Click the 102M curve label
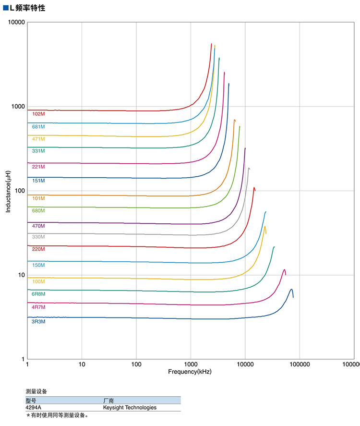(38, 114)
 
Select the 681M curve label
(38, 127)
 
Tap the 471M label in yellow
(38, 139)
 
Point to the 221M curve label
(38, 167)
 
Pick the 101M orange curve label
(38, 198)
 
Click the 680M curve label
(38, 210)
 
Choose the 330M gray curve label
(38, 237)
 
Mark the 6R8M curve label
(38, 293)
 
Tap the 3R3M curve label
(38, 321)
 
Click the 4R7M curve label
(38, 306)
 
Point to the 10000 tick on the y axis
(16, 23)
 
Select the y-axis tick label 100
(19, 191)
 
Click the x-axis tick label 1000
(191, 365)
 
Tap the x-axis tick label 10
(82, 365)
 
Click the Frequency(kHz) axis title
(190, 372)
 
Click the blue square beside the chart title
(6, 8)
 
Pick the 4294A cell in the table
(34, 407)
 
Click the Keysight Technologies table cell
(130, 407)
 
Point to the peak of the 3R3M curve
(291, 290)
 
